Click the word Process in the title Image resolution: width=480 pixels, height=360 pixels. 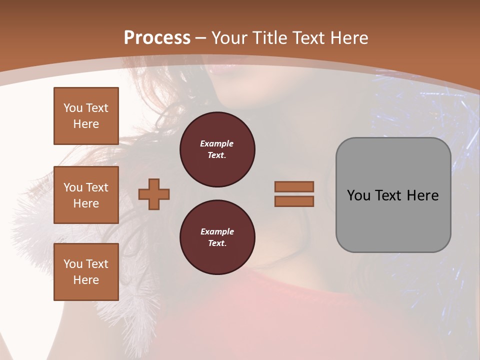[x=157, y=38]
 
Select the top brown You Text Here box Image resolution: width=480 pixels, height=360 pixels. [x=86, y=116]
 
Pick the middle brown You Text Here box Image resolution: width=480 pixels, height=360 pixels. [x=86, y=195]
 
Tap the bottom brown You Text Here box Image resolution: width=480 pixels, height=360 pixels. [x=86, y=272]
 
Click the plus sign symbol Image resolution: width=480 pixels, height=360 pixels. [x=154, y=194]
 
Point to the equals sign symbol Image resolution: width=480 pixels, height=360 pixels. [x=294, y=194]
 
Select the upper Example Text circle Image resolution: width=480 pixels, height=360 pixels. [x=217, y=149]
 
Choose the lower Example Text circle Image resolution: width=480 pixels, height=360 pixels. [x=217, y=237]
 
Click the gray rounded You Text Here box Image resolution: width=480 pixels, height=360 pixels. [x=393, y=195]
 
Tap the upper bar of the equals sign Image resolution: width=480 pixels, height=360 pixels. [x=294, y=186]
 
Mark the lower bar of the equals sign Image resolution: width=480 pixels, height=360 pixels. [x=294, y=201]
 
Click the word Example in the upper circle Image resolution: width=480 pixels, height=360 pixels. [x=217, y=143]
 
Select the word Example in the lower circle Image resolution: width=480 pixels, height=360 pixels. [x=217, y=231]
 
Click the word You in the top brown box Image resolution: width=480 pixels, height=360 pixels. [x=73, y=108]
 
